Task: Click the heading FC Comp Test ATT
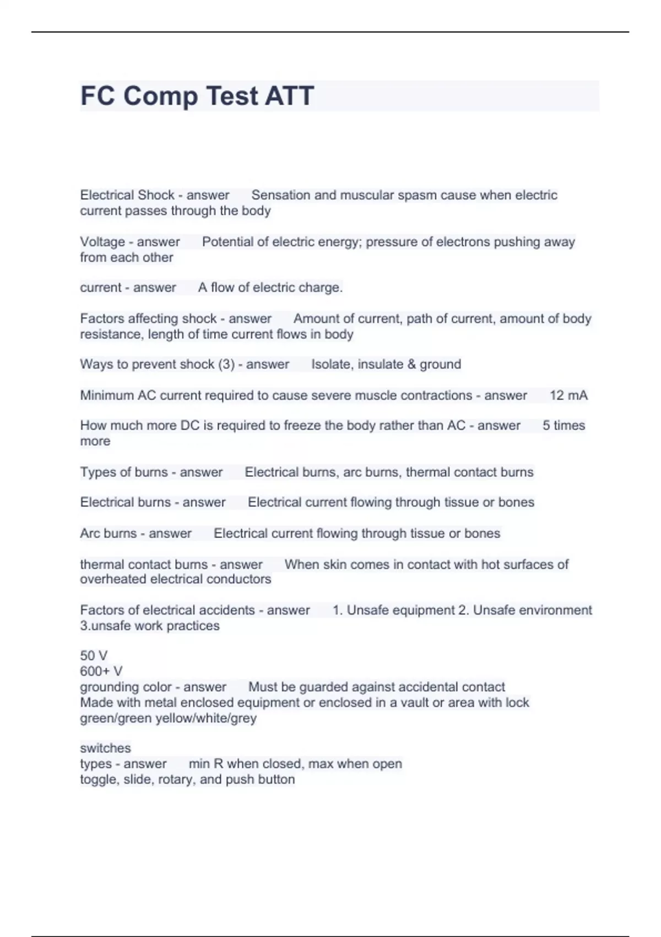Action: coord(197,96)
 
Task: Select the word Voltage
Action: coord(102,242)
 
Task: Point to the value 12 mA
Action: coord(568,395)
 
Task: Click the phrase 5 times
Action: coord(564,426)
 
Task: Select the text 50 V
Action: coord(94,656)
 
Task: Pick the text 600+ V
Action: coord(101,671)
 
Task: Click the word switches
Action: coord(105,748)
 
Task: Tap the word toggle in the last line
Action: coord(97,779)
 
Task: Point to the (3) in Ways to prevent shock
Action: coord(226,364)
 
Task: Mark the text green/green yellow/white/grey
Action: coord(168,718)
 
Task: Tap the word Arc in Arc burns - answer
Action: coord(90,534)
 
